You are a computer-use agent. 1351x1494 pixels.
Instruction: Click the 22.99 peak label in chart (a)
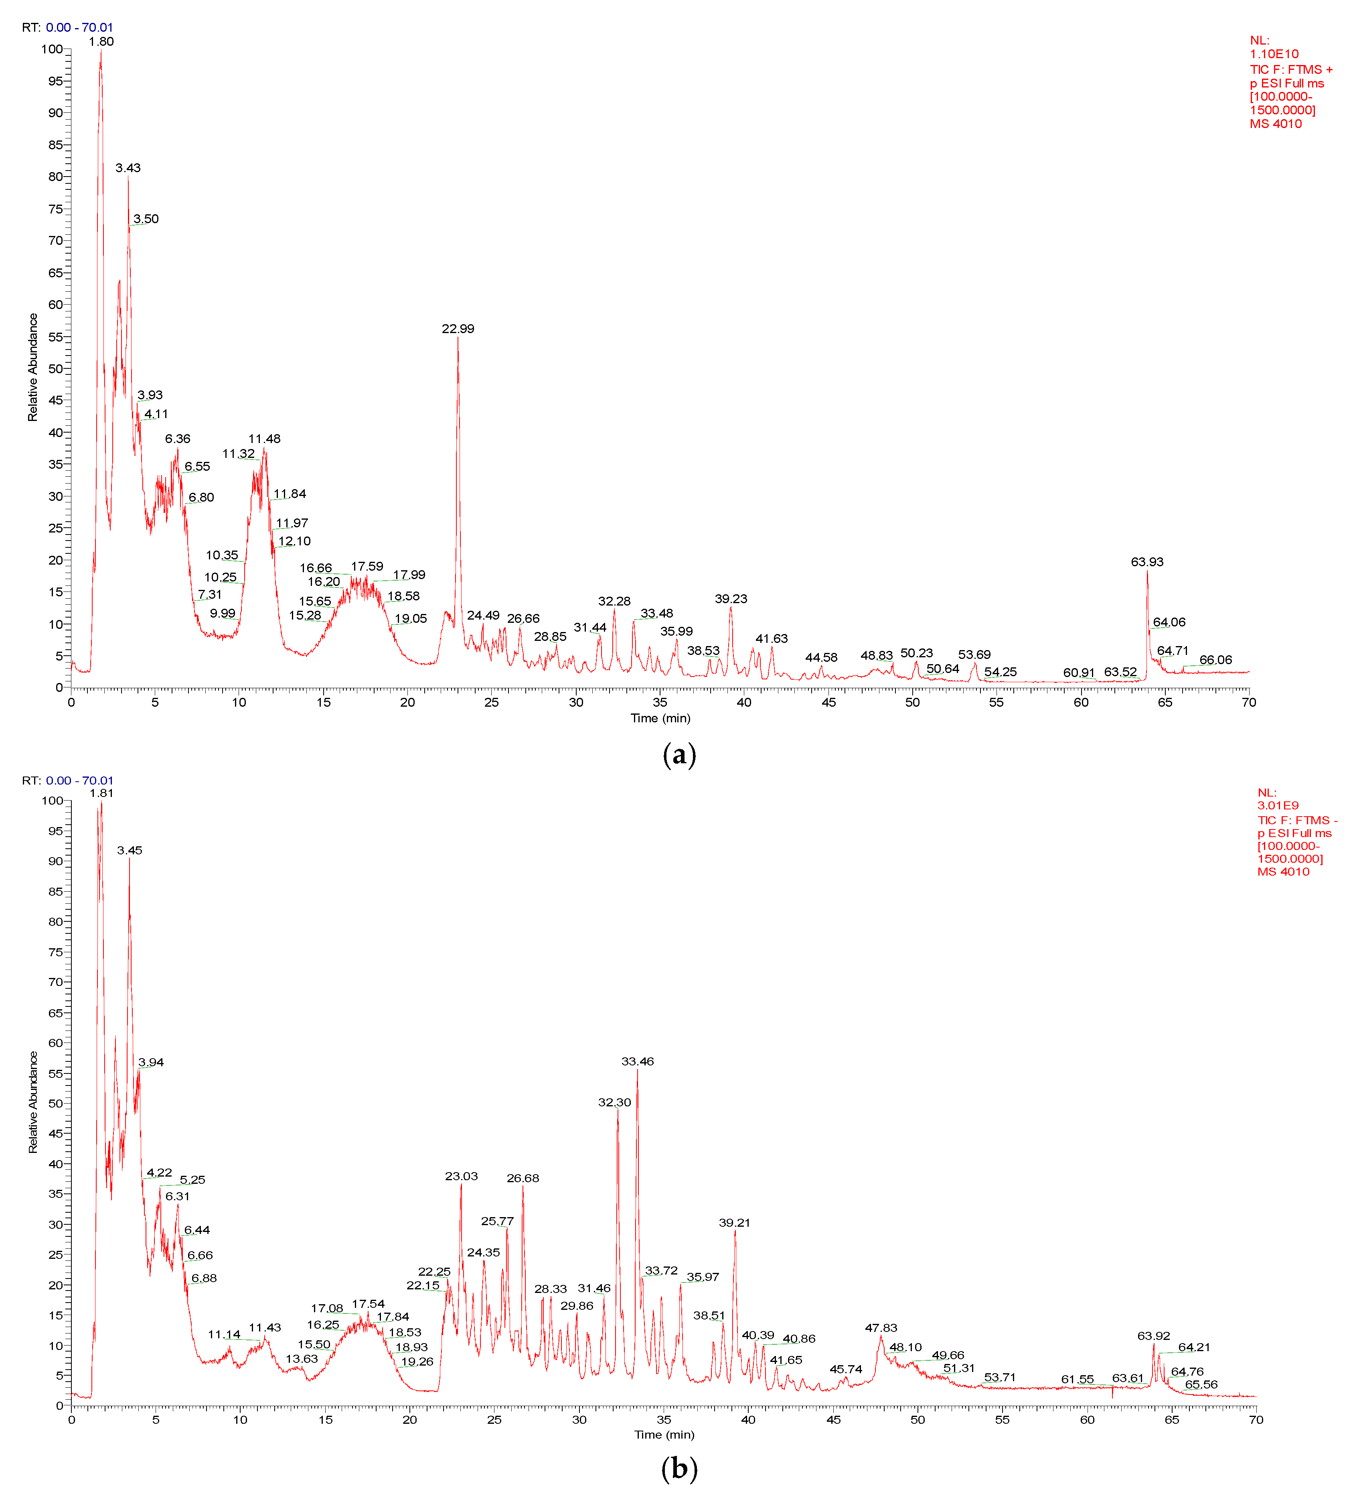coord(458,328)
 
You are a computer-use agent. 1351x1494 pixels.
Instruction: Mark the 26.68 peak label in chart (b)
coord(523,1178)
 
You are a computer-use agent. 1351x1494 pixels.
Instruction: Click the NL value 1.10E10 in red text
coord(1274,54)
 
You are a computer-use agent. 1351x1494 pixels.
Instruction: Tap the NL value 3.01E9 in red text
coord(1278,805)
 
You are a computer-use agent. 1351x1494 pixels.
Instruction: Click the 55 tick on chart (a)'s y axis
coord(56,336)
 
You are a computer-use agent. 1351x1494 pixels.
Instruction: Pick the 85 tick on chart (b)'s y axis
coord(56,892)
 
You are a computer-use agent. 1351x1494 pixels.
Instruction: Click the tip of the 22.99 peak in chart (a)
coord(458,337)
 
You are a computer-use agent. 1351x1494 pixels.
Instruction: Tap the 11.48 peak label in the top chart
coord(264,439)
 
